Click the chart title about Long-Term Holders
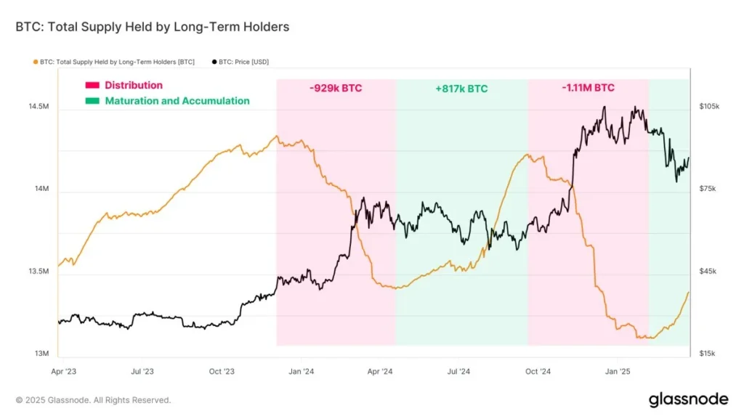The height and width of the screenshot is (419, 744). (152, 27)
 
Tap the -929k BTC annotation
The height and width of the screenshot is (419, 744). (335, 88)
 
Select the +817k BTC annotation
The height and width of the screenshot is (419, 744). (461, 89)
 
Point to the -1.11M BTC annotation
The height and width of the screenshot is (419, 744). (588, 88)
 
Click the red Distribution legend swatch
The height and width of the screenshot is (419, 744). (92, 86)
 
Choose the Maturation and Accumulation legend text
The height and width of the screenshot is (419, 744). (177, 101)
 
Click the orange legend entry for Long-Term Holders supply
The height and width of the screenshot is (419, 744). (115, 62)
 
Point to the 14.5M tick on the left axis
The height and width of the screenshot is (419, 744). (39, 107)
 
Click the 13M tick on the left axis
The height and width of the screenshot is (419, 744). (41, 354)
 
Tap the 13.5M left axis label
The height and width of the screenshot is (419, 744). (39, 272)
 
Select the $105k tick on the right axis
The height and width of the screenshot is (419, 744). (708, 107)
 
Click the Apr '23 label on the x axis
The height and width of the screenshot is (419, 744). (64, 371)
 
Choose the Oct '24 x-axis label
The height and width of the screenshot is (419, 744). (538, 371)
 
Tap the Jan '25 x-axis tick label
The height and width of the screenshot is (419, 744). (618, 371)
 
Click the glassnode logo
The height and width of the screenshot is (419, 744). (687, 399)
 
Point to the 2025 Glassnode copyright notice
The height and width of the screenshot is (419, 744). (93, 400)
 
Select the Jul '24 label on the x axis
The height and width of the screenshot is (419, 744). (458, 371)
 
